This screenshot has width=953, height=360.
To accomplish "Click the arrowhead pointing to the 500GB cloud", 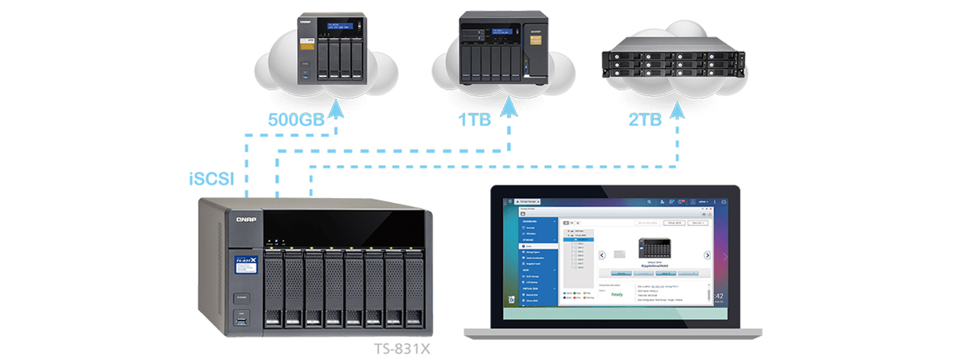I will tap(336, 109).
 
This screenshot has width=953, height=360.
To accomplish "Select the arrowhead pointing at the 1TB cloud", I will tap(507, 109).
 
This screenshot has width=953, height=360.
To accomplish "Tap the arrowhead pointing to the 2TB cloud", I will tap(678, 109).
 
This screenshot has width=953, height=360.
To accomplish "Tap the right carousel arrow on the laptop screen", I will tap(707, 255).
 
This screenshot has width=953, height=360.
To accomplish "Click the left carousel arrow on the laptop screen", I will tap(602, 255).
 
